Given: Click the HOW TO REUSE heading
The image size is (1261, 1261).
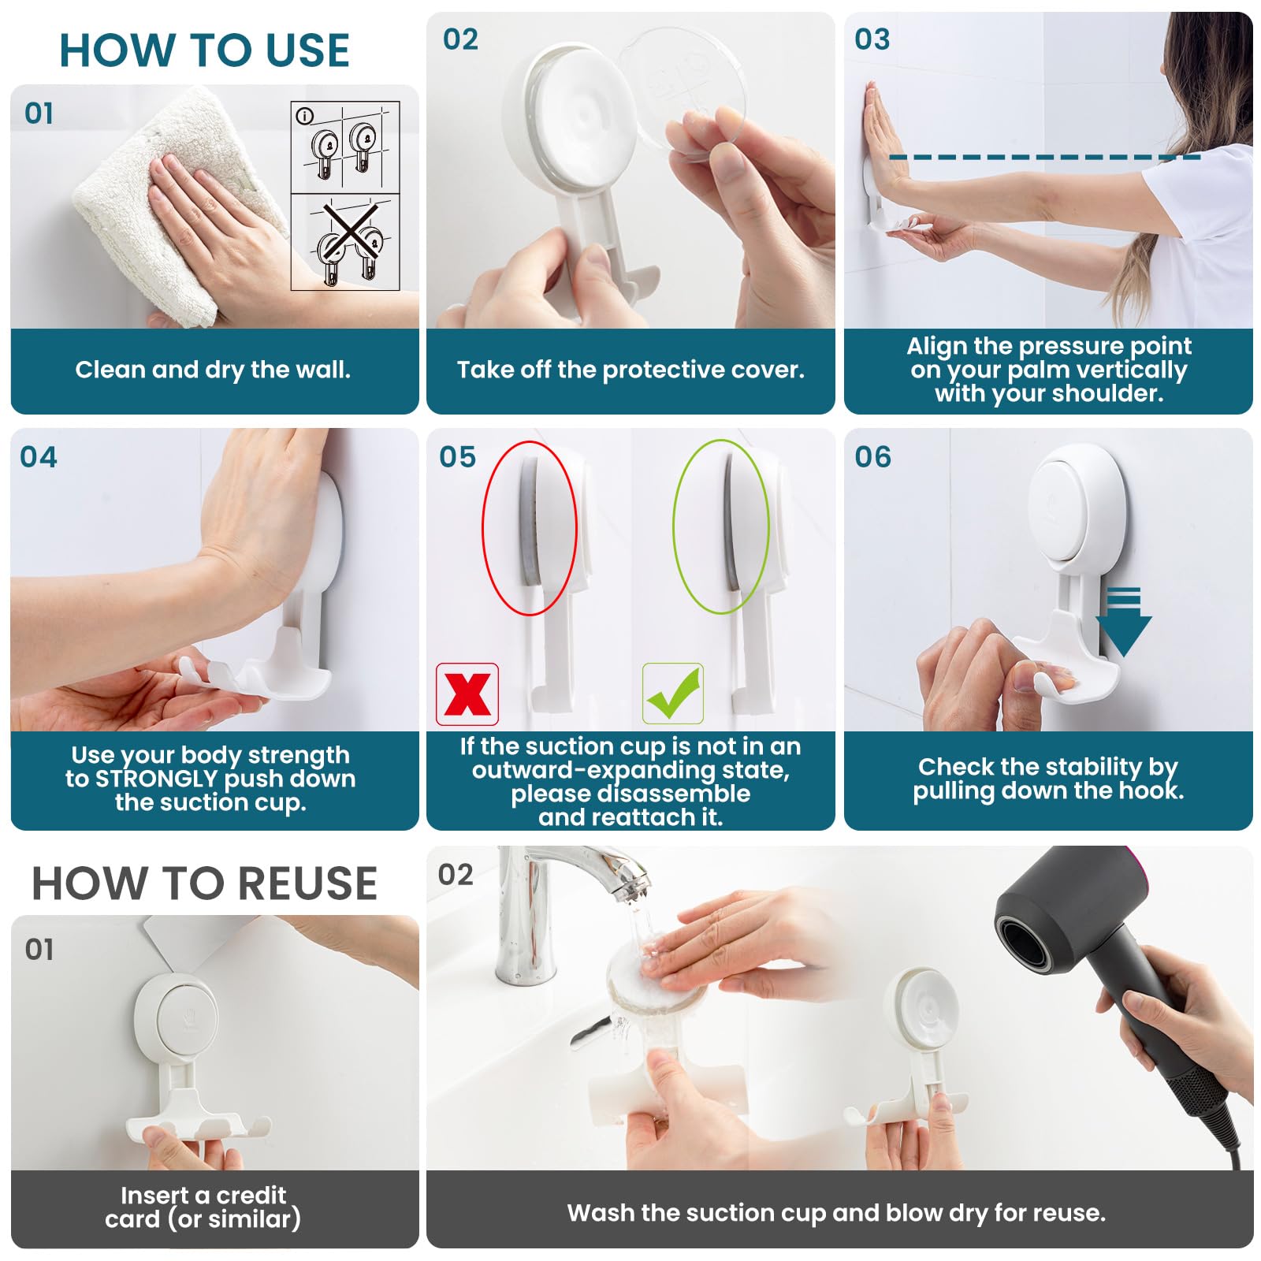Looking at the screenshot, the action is coord(204,883).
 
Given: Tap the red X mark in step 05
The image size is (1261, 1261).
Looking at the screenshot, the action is coord(467,694).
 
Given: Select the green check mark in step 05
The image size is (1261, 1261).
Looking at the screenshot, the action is coord(673,694).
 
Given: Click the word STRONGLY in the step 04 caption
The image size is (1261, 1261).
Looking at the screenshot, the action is coord(155,779).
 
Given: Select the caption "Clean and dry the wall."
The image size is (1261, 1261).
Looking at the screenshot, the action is coord(213,369).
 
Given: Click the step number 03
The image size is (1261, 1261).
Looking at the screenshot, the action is coord(872,39).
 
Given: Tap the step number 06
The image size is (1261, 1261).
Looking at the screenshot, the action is coord(873,457).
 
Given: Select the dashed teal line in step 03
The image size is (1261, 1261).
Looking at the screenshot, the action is coord(1045,158).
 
